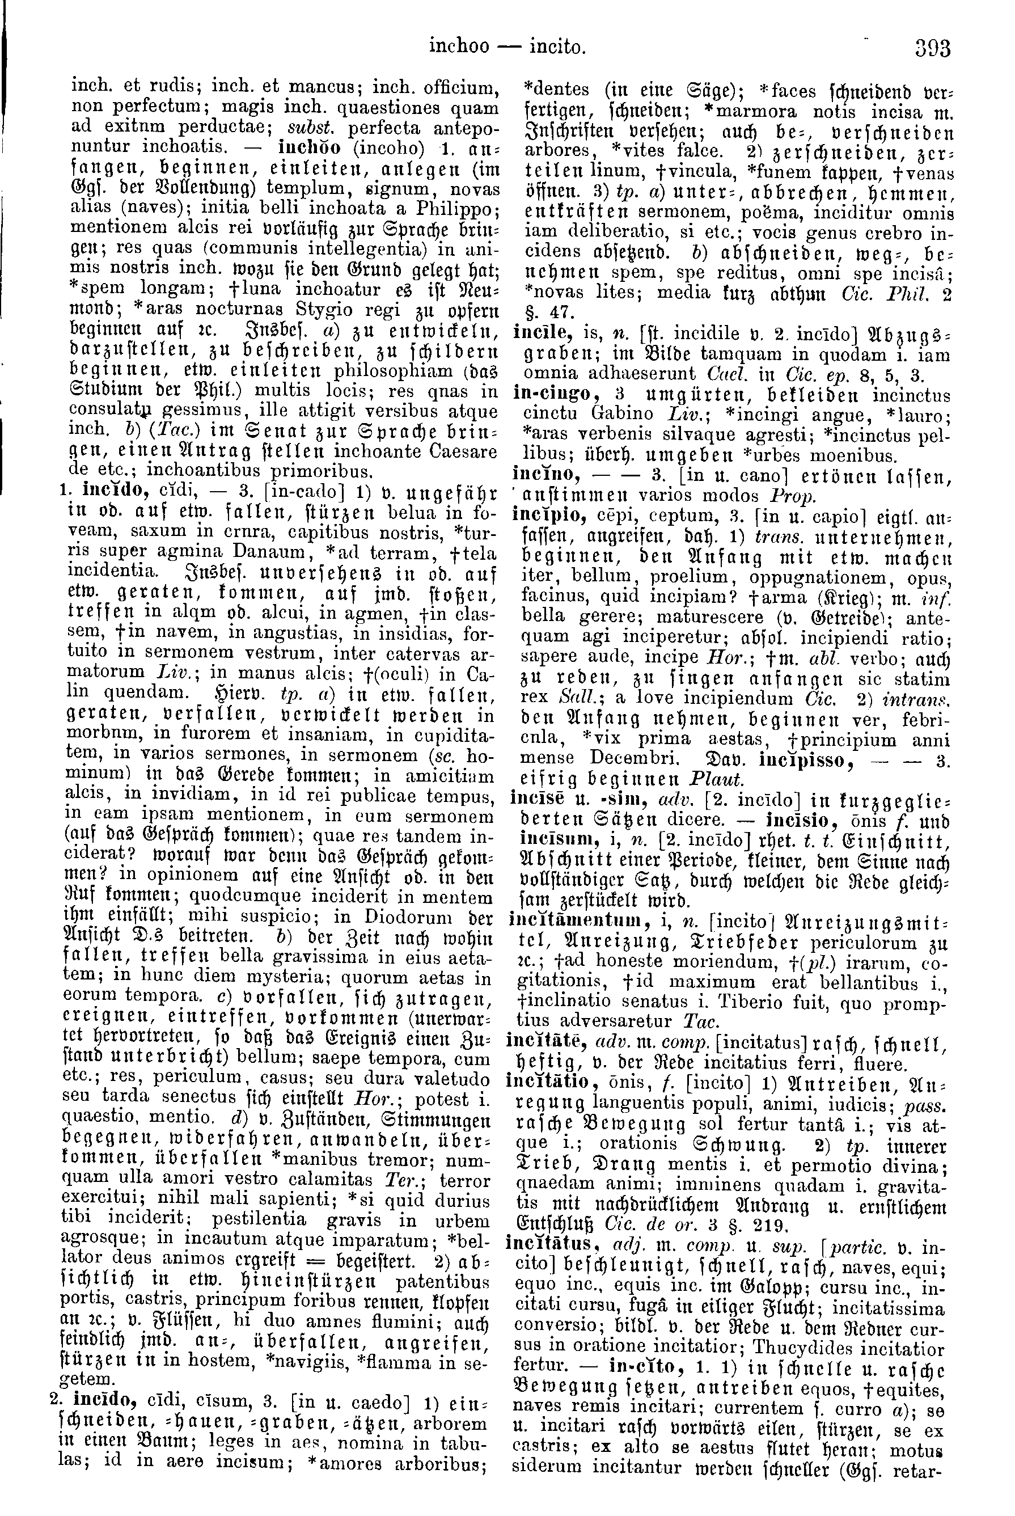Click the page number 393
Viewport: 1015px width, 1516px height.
932,49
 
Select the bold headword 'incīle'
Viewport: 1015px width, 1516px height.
534,334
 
